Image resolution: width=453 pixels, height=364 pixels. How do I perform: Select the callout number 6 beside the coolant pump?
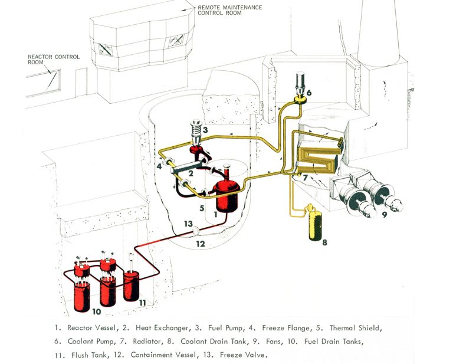coord(308,93)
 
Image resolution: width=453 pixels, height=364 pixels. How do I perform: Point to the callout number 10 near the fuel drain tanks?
coord(97,310)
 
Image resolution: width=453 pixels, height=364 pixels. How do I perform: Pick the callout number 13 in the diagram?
coord(188,224)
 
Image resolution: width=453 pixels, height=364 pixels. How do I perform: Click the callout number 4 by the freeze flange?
coord(159,167)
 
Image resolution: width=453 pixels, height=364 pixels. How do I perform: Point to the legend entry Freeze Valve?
coord(243,355)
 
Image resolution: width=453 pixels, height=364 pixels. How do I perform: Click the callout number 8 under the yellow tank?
coord(324,241)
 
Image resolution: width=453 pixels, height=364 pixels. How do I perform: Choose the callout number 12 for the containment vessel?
coord(201,244)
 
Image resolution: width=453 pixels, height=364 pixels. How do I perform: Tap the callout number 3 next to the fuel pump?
coord(206,130)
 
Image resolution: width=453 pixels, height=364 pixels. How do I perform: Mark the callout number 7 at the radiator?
coord(306,178)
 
